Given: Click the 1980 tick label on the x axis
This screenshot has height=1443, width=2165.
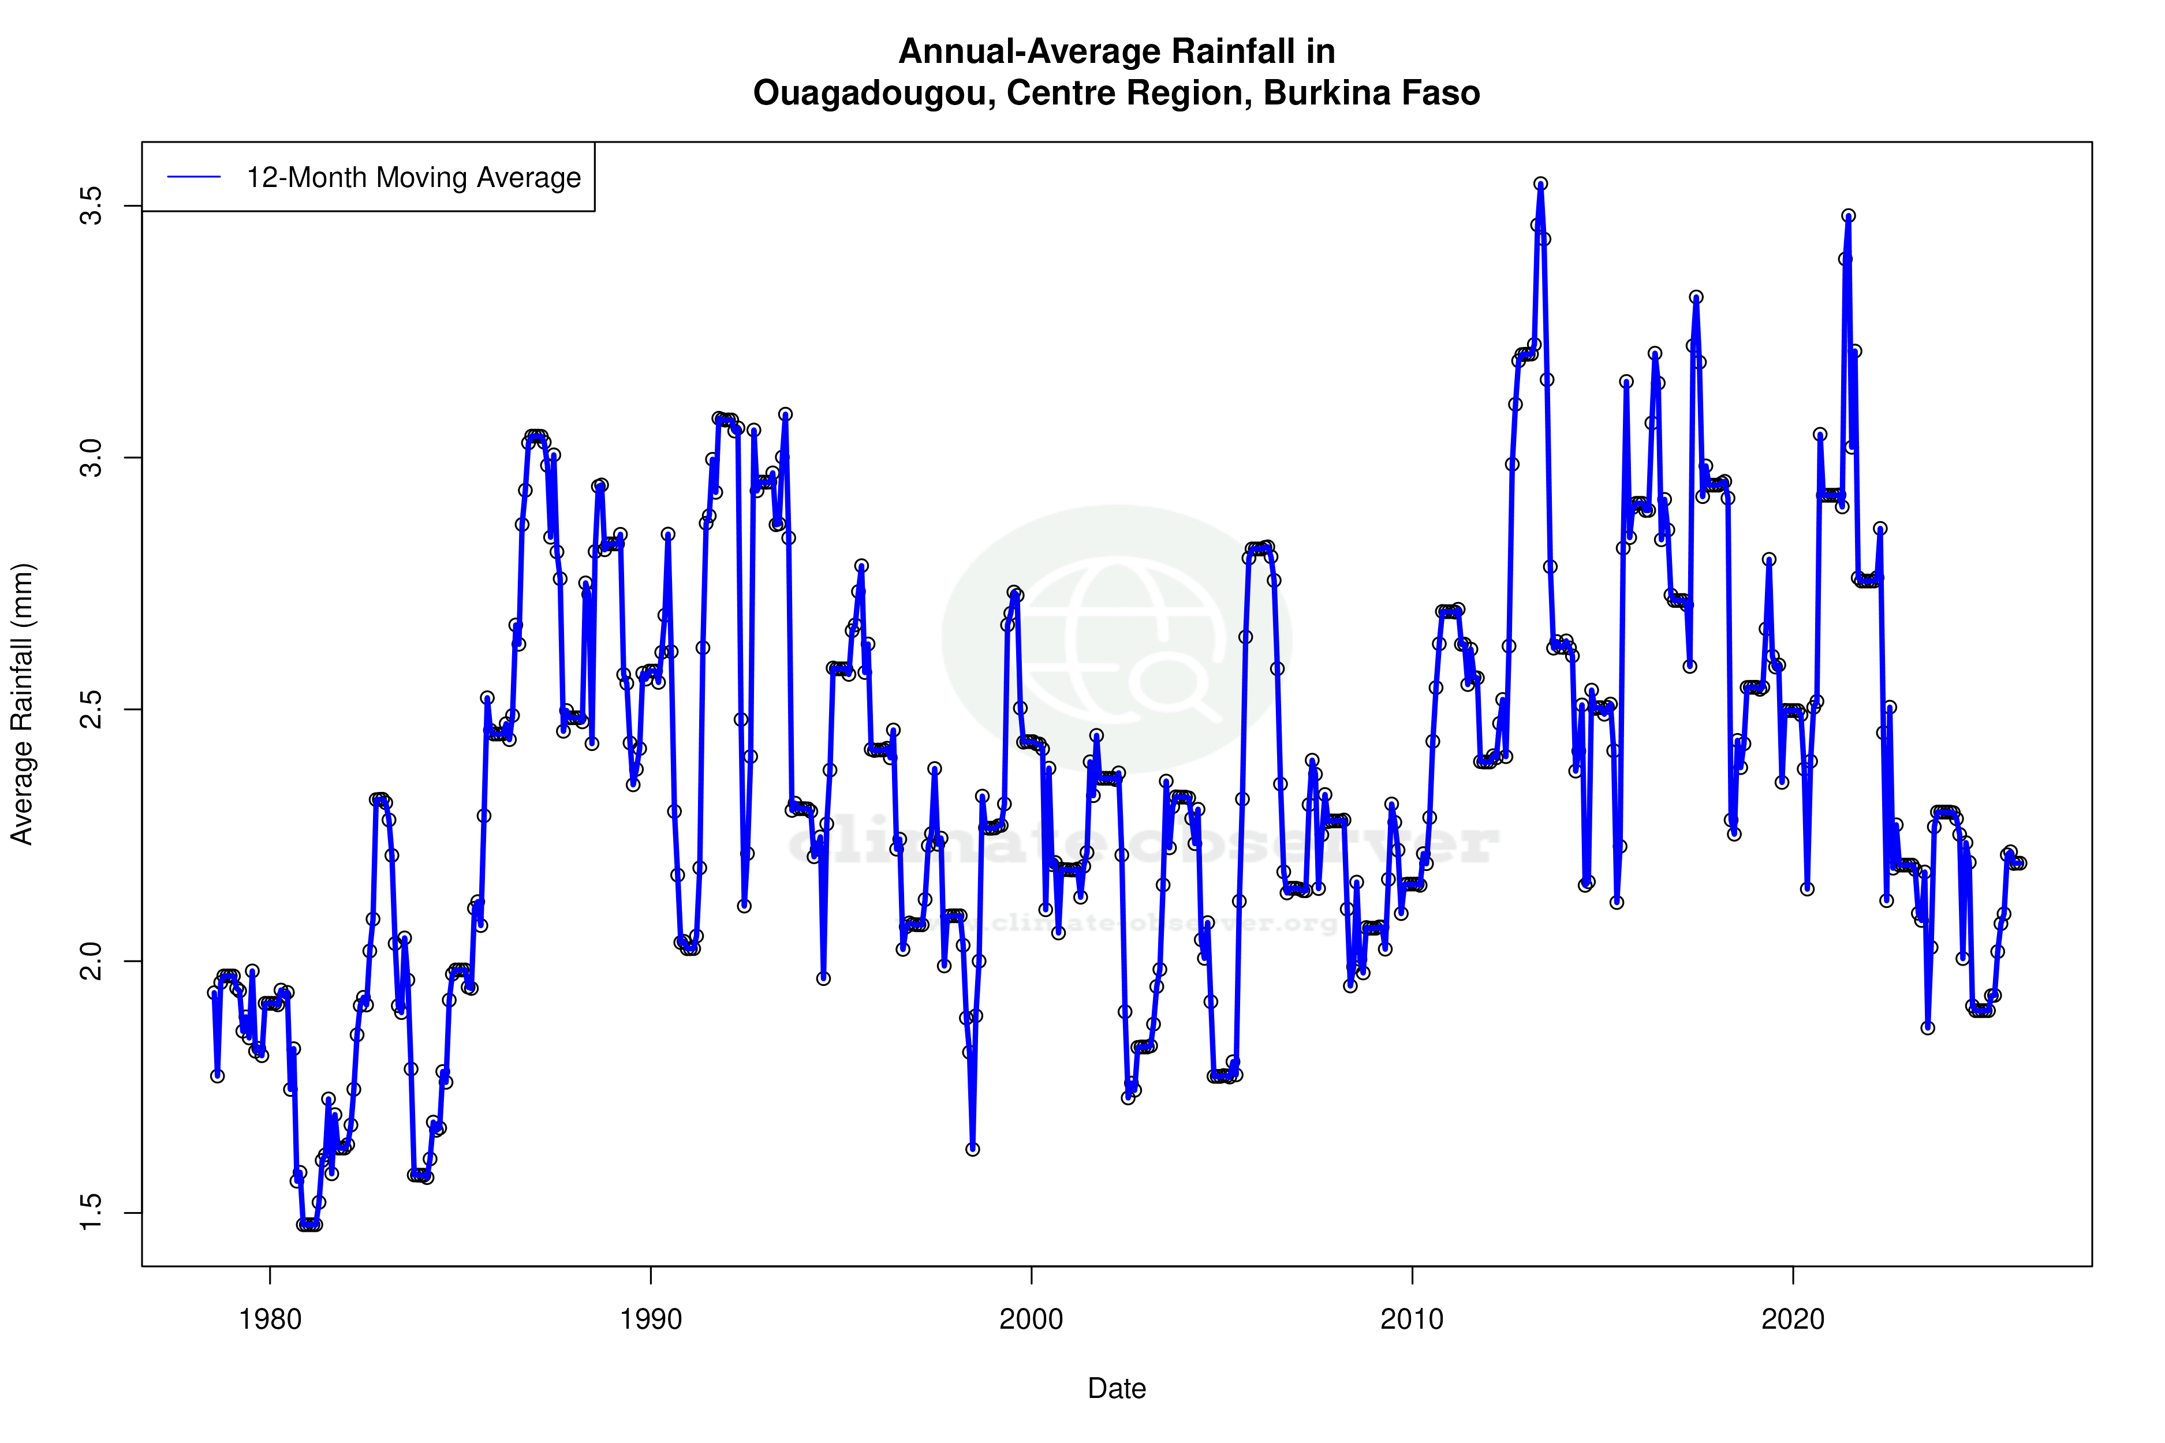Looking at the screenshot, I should [x=270, y=1319].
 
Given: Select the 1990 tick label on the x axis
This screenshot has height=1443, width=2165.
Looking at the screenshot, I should [x=651, y=1319].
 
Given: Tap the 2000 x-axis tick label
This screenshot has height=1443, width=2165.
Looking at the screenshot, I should [x=1031, y=1319].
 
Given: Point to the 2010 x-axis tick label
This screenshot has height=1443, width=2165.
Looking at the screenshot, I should [x=1412, y=1319].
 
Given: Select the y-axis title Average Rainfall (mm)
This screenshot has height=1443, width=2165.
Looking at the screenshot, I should [x=21, y=704].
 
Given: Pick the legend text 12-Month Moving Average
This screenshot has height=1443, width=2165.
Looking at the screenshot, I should [x=413, y=178].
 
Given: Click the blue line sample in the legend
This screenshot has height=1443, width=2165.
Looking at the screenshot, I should [x=194, y=178].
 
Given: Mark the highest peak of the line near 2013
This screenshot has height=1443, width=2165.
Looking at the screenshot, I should [x=1540, y=184].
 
